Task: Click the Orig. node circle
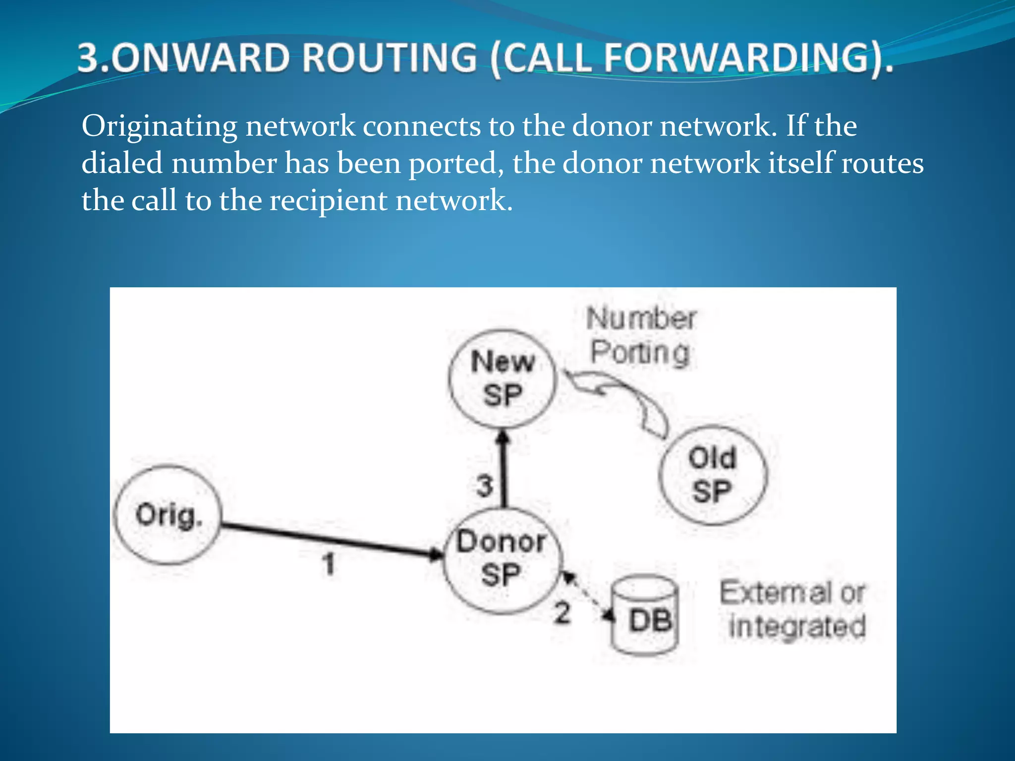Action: (x=168, y=515)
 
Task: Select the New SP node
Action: (x=503, y=379)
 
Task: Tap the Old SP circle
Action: (x=713, y=475)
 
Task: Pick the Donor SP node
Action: (x=502, y=560)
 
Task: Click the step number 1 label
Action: (x=329, y=564)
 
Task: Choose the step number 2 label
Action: (x=562, y=613)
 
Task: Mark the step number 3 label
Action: (x=485, y=486)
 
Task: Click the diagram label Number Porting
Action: (x=641, y=336)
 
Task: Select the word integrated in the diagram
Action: (x=797, y=626)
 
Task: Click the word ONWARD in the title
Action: (x=203, y=58)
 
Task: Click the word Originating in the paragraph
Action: (x=159, y=126)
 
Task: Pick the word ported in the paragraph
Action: (x=456, y=163)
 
